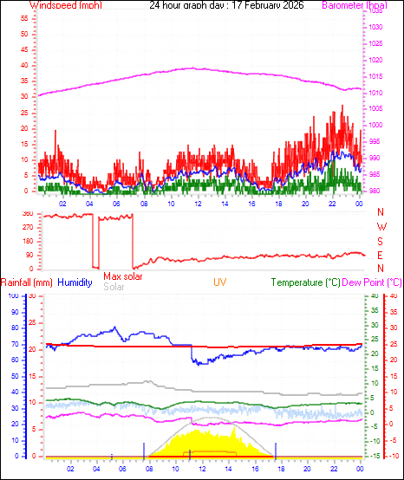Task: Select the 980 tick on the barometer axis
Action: tap(373, 191)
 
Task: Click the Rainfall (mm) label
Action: tap(26, 282)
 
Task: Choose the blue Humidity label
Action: tap(75, 282)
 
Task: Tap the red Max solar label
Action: tap(123, 276)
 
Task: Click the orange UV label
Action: tap(221, 282)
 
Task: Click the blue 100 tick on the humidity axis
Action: tap(14, 296)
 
